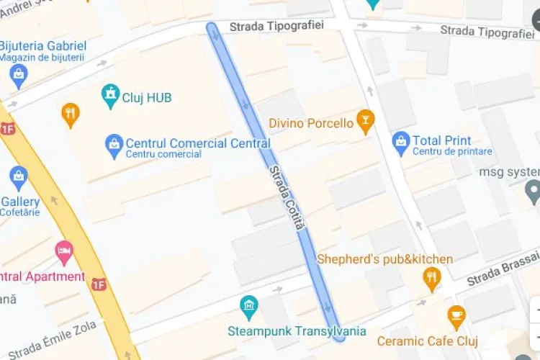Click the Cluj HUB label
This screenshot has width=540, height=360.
pyautogui.click(x=147, y=97)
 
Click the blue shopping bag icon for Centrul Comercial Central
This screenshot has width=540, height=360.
pyautogui.click(x=114, y=145)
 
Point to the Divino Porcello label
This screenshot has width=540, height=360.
pyautogui.click(x=311, y=123)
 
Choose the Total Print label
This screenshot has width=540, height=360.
pyautogui.click(x=442, y=140)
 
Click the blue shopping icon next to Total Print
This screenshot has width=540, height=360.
pyautogui.click(x=401, y=142)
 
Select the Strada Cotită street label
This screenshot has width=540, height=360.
pyautogui.click(x=287, y=198)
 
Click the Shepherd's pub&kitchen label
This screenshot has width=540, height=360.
pyautogui.click(x=385, y=259)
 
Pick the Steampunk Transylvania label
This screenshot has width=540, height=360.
pyautogui.click(x=297, y=331)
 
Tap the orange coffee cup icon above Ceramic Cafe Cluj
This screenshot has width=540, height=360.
pyautogui.click(x=456, y=315)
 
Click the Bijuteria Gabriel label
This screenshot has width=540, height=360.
pyautogui.click(x=43, y=46)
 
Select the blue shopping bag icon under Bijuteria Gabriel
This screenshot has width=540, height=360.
pyautogui.click(x=19, y=74)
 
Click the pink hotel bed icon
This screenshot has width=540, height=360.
pyautogui.click(x=64, y=252)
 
